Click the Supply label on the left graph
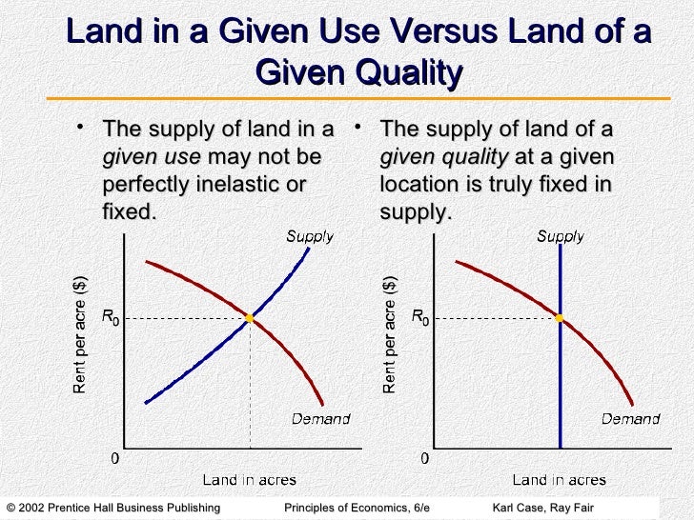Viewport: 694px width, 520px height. coord(310,236)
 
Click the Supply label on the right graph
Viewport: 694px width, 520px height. coord(560,236)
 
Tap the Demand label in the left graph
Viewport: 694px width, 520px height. coord(320,418)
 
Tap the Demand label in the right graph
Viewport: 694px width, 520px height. coord(630,418)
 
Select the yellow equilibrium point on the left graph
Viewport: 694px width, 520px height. coord(249,318)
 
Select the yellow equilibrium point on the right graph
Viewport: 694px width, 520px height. coord(560,318)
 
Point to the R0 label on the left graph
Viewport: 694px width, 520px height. coord(111,316)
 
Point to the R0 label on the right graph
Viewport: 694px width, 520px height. coord(420,316)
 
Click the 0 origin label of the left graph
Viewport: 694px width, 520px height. coord(116,459)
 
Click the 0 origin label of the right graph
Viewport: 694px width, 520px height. coord(425,459)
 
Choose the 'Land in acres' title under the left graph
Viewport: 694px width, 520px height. coord(249,480)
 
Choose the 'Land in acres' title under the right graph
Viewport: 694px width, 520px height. coord(559,480)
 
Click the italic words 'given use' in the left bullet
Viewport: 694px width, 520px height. coord(151,157)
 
